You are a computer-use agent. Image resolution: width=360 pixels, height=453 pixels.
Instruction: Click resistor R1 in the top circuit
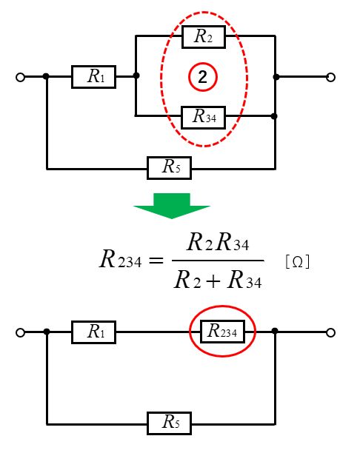point(93,77)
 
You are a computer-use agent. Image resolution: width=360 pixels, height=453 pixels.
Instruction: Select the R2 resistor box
point(204,37)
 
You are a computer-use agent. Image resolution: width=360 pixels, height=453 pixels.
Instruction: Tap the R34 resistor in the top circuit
point(203,117)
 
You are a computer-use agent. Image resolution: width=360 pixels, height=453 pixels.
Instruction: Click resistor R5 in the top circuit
point(169,168)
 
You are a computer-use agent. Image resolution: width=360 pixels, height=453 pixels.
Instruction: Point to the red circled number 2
point(203,77)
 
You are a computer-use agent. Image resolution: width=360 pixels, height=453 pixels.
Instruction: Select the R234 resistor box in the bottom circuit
point(222,332)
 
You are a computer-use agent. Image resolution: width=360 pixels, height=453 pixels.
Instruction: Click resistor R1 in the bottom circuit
point(93,332)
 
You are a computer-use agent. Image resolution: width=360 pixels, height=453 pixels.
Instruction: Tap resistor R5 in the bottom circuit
point(169,423)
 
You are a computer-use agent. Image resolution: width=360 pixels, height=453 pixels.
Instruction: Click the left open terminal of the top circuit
point(20,78)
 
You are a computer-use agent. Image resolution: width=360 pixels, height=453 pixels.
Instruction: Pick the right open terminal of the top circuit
point(330,78)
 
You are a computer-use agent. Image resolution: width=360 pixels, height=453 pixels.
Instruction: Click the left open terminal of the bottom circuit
point(20,333)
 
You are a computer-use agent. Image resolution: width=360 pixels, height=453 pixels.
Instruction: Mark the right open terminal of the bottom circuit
point(330,333)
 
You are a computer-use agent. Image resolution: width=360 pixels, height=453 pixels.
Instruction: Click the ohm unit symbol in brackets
point(298,262)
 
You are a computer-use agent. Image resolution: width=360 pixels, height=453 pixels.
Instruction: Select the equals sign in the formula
point(156,261)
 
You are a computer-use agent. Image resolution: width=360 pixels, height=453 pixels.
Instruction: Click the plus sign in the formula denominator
point(213,281)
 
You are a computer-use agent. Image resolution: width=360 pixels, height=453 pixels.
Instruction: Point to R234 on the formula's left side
point(120,259)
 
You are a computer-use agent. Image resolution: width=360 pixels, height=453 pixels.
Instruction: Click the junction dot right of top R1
point(136,75)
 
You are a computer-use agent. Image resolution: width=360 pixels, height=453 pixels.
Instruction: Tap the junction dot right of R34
point(274,116)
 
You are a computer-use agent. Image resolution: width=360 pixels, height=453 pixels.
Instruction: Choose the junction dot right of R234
point(275,331)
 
